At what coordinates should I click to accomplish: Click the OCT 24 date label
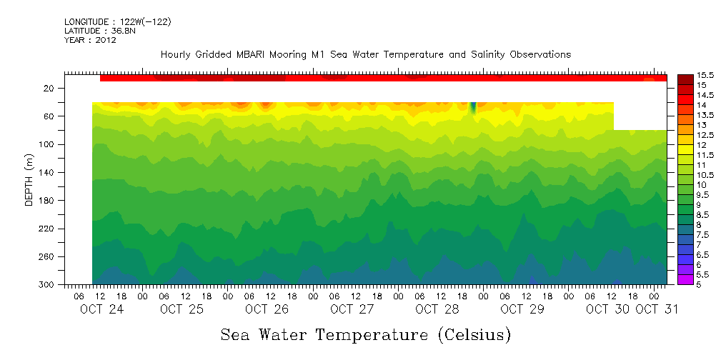pyautogui.click(x=96, y=309)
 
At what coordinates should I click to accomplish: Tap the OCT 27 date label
pyautogui.click(x=352, y=309)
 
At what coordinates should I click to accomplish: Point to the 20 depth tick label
pyautogui.click(x=49, y=89)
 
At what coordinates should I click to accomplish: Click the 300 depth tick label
pyautogui.click(x=46, y=285)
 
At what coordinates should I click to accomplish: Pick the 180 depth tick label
pyautogui.click(x=46, y=201)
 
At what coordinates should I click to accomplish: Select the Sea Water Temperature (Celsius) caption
pyautogui.click(x=366, y=334)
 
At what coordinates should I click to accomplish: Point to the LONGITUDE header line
pyautogui.click(x=117, y=22)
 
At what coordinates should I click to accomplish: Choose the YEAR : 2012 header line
pyautogui.click(x=90, y=40)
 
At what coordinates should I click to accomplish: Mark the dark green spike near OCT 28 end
pyautogui.click(x=472, y=108)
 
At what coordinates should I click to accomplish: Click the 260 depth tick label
pyautogui.click(x=46, y=257)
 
